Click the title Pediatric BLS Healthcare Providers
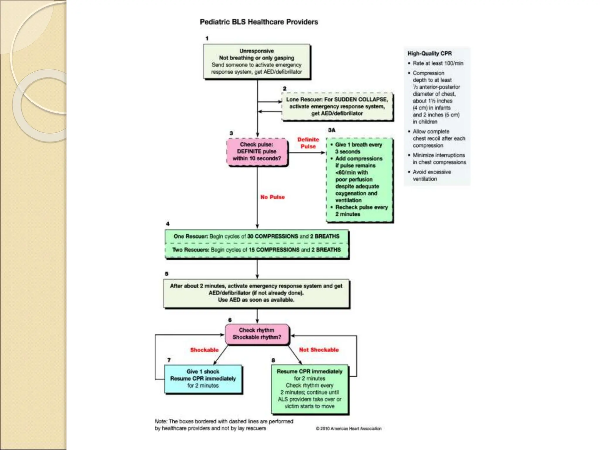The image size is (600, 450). pos(259,22)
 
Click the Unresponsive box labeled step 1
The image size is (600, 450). pos(257,62)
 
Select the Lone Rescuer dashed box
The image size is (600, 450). pos(337,106)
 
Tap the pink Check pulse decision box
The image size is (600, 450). pos(257,151)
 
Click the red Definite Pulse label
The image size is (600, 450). pos(308,143)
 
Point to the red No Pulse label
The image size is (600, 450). pos(272,197)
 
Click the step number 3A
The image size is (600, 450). pos(332,130)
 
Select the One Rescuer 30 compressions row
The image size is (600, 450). pos(256,236)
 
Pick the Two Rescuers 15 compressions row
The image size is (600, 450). pos(256,250)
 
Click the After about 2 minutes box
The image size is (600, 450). pos(256,293)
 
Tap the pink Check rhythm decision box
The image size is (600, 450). pos(257,334)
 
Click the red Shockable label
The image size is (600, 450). pos(204,350)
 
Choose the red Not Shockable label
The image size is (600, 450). pos(319,350)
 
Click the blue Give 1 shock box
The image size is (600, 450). pos(203,379)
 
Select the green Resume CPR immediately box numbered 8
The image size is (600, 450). pos(310,389)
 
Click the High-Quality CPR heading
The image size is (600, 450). pos(429,54)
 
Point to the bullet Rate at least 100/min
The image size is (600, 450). pos(438,63)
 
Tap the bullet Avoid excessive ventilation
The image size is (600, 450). pos(432,175)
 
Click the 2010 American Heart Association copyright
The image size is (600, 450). pos(349,429)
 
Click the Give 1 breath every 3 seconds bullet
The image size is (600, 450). pos(358,148)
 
